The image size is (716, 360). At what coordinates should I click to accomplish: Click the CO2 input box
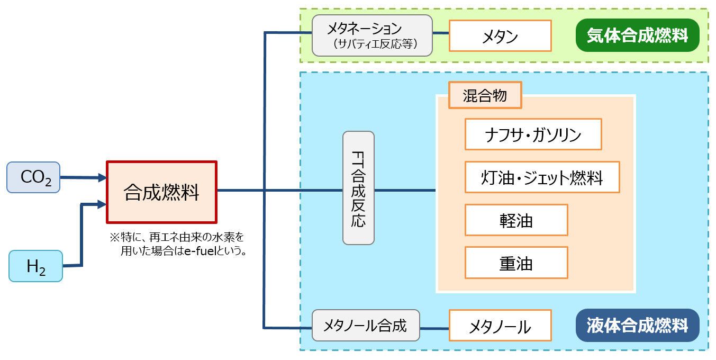[x=33, y=177]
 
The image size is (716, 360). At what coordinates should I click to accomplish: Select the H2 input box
[x=35, y=266]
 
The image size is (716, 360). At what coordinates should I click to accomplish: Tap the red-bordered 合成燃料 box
[x=162, y=192]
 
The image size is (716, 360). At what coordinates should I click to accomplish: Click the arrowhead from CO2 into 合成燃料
[x=102, y=178]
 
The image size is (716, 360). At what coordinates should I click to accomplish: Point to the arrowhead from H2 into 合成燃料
[x=102, y=204]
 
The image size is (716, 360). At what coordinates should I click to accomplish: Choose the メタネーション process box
[x=372, y=35]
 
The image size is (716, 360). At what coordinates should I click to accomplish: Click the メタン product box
[x=500, y=36]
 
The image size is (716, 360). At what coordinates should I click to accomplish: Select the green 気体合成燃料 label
[x=637, y=35]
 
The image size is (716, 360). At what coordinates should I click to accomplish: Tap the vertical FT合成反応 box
[x=358, y=188]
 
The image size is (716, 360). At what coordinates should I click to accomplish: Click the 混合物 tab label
[x=485, y=95]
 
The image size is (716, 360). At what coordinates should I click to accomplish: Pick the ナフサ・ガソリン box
[x=533, y=134]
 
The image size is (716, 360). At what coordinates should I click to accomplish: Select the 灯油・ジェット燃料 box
[x=542, y=177]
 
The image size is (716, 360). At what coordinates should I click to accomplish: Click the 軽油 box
[x=516, y=220]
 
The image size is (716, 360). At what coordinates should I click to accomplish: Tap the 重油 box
[x=516, y=263]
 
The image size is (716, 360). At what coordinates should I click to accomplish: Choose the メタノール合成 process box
[x=366, y=326]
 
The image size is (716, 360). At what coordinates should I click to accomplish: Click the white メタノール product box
[x=500, y=326]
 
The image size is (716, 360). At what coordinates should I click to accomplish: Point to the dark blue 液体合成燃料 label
[x=637, y=326]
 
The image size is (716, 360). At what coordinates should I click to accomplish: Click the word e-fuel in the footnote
[x=201, y=251]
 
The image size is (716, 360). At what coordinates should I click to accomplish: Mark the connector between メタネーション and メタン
[x=441, y=33]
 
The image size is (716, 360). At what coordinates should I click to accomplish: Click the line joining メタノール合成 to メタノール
[x=434, y=328]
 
